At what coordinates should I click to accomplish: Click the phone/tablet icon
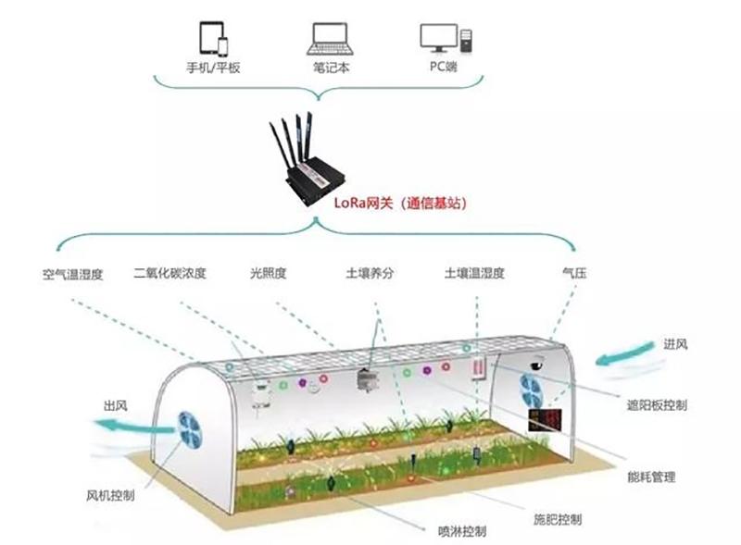point(214,39)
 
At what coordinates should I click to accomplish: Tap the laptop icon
point(331,39)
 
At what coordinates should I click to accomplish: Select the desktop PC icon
point(446,38)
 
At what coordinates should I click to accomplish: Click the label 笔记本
point(331,68)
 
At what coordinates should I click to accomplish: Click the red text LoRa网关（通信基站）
point(401,203)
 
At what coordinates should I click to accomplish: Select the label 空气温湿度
point(73,274)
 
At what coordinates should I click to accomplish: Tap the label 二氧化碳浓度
point(170,273)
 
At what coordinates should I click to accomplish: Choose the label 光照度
point(268,273)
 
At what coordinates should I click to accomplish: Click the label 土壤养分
point(370,273)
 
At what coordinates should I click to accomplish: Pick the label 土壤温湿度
point(474,273)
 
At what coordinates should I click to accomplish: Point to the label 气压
point(574,272)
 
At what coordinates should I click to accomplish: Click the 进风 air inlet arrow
point(623,354)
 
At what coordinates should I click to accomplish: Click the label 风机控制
point(110,495)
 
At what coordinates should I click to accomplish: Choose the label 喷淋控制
point(462,531)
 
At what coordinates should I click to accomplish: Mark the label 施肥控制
point(558,519)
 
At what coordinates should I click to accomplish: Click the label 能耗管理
point(651,477)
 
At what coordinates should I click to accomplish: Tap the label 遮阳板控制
point(657,405)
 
